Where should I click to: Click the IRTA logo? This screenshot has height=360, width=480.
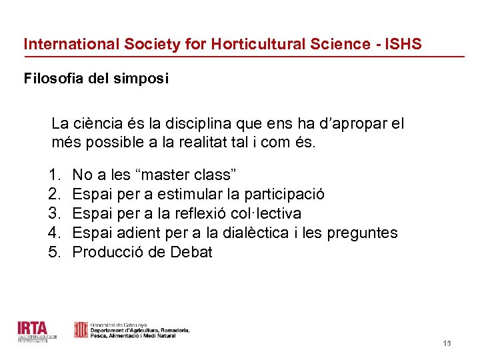pyautogui.click(x=32, y=331)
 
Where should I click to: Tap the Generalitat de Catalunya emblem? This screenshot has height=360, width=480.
pyautogui.click(x=80, y=330)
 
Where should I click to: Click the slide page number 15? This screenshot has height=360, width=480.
pyautogui.click(x=447, y=343)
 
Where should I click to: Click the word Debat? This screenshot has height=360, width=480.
pyautogui.click(x=191, y=253)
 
